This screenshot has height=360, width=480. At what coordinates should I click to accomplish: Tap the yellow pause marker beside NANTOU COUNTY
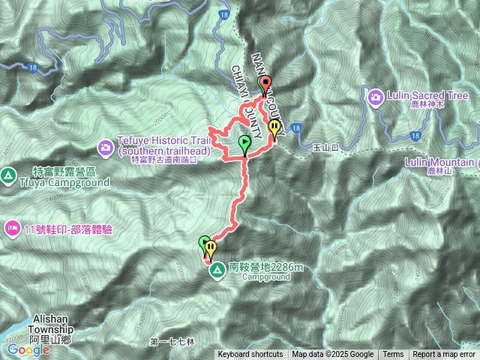pos(275,128)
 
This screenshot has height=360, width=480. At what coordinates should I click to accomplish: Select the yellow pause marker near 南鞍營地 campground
pos(211,247)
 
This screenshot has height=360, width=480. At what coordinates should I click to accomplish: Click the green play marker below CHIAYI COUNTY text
pos(244,142)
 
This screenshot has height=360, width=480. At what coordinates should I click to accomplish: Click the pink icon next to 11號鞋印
pos(11,227)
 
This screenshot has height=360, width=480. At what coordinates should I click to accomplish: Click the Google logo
pos(28,349)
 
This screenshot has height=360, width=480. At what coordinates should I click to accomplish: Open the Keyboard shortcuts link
pos(250,355)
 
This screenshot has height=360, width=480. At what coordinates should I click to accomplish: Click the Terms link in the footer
pos(393,355)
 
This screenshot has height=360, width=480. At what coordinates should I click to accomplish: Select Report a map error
pos(444,355)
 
